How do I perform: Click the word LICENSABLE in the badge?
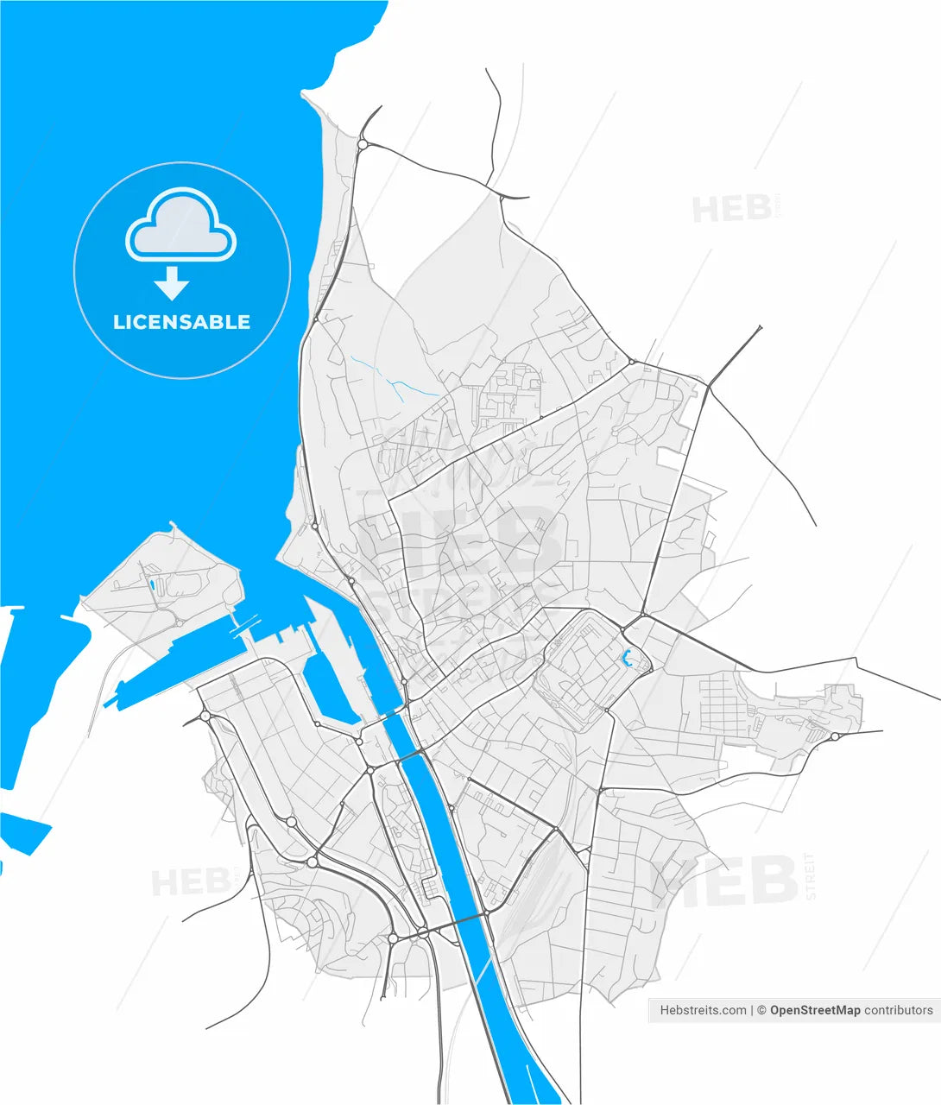point(182,322)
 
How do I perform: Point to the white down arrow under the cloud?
point(173,282)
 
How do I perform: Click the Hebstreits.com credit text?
point(703,1010)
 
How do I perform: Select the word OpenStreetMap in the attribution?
point(815,1010)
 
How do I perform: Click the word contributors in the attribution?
point(899,1010)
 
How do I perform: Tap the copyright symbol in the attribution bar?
point(761,1010)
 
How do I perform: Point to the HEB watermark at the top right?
point(731,209)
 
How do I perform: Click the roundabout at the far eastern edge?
point(836,736)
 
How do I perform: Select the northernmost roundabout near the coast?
point(363,145)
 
